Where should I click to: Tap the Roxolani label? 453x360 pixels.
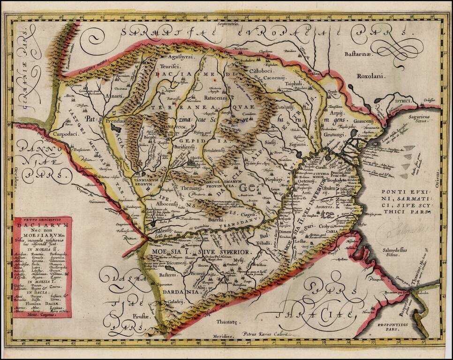[370, 75]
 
